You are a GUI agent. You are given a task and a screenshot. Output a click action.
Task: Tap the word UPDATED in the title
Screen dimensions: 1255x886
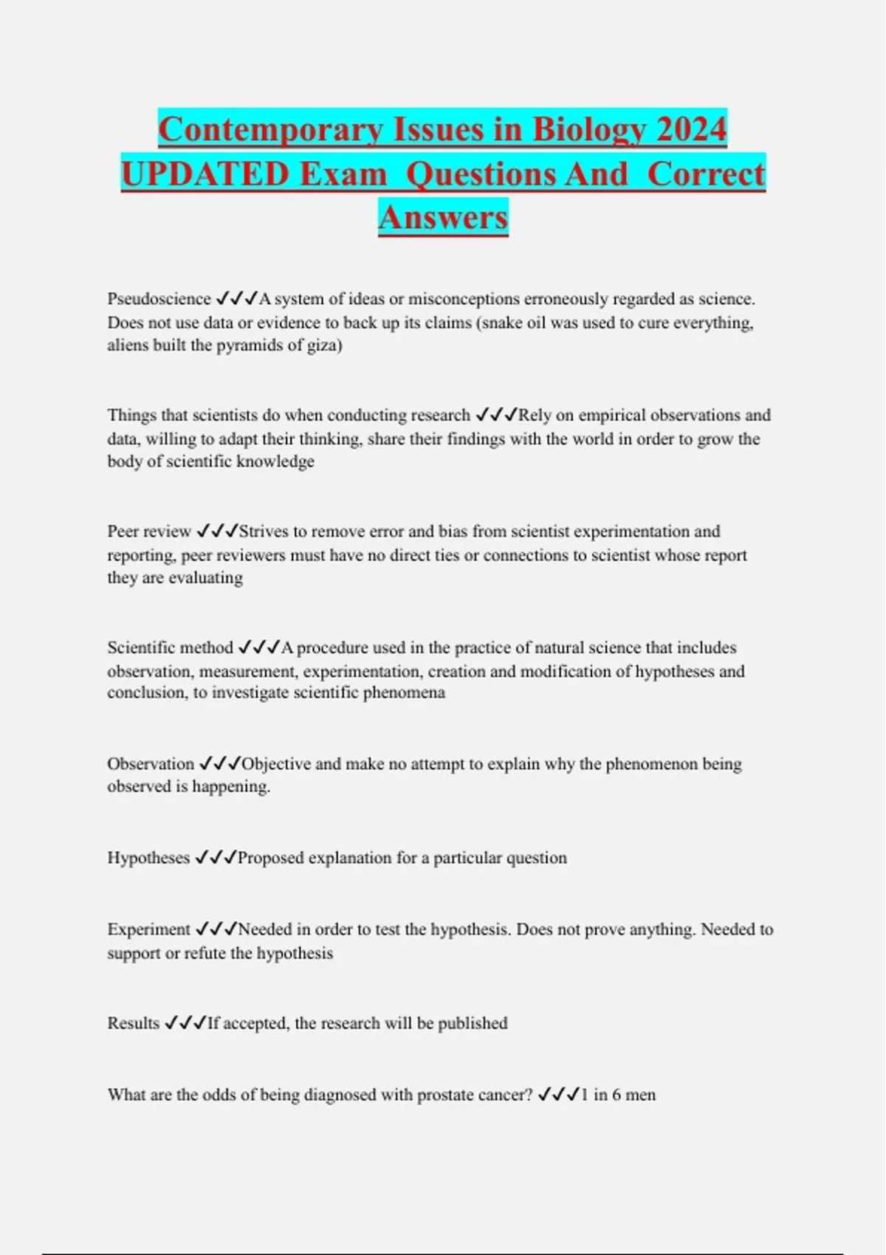pyautogui.click(x=205, y=174)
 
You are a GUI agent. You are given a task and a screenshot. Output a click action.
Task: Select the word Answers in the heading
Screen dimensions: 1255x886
pyautogui.click(x=443, y=218)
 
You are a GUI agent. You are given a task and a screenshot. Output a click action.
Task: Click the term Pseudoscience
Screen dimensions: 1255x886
pyautogui.click(x=159, y=299)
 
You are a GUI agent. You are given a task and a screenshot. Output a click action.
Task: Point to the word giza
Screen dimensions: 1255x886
pyautogui.click(x=321, y=345)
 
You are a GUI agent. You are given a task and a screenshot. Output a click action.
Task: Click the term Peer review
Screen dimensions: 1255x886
pyautogui.click(x=149, y=532)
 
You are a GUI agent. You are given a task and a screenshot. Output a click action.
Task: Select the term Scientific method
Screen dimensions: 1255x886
pyautogui.click(x=170, y=647)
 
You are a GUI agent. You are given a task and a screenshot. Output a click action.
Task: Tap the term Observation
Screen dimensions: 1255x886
pyautogui.click(x=151, y=763)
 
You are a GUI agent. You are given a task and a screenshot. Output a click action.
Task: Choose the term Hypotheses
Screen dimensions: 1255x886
pyautogui.click(x=148, y=858)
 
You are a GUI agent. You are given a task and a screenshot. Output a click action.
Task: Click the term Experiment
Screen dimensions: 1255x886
pyautogui.click(x=148, y=929)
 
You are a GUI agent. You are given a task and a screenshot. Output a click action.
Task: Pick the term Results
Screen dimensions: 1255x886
pyautogui.click(x=134, y=1023)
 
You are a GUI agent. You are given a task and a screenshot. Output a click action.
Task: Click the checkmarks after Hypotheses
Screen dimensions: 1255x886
pyautogui.click(x=216, y=858)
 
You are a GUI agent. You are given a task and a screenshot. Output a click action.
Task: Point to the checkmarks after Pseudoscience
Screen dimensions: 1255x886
pyautogui.click(x=237, y=299)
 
